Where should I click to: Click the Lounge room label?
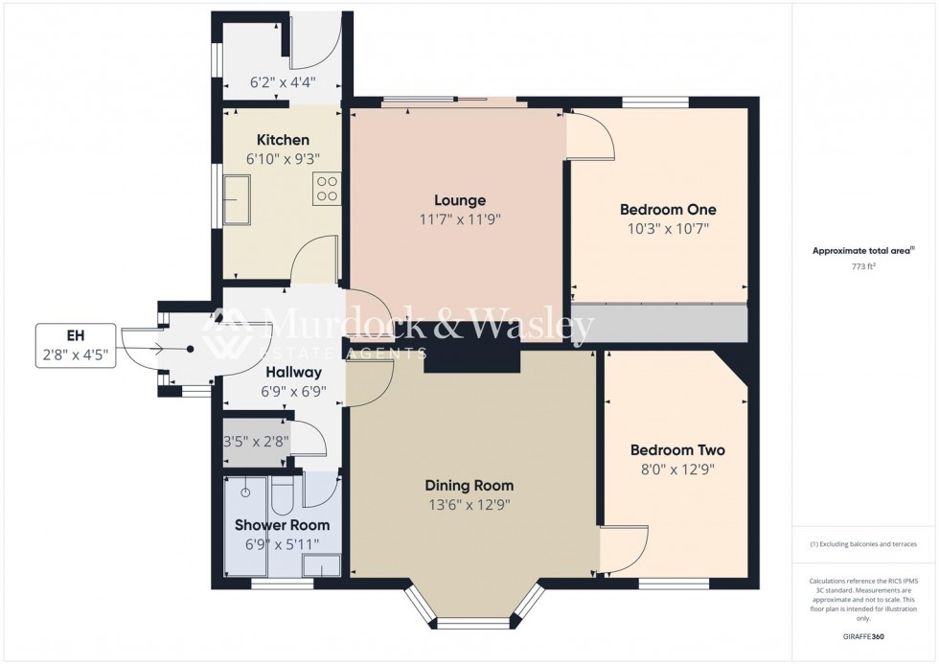[x=460, y=201]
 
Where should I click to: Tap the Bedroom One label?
[x=668, y=210]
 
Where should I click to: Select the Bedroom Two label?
[x=677, y=450]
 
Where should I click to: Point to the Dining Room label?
[x=469, y=486]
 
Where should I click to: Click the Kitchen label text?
[x=283, y=140]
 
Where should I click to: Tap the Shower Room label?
[x=283, y=525]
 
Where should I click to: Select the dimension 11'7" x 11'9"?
[x=460, y=219]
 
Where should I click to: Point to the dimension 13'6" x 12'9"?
[x=469, y=504]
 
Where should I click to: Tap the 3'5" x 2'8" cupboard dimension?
[x=255, y=443]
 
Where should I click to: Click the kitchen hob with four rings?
[x=327, y=187]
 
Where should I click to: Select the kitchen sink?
[x=238, y=200]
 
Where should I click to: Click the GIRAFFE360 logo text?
[x=865, y=636]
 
